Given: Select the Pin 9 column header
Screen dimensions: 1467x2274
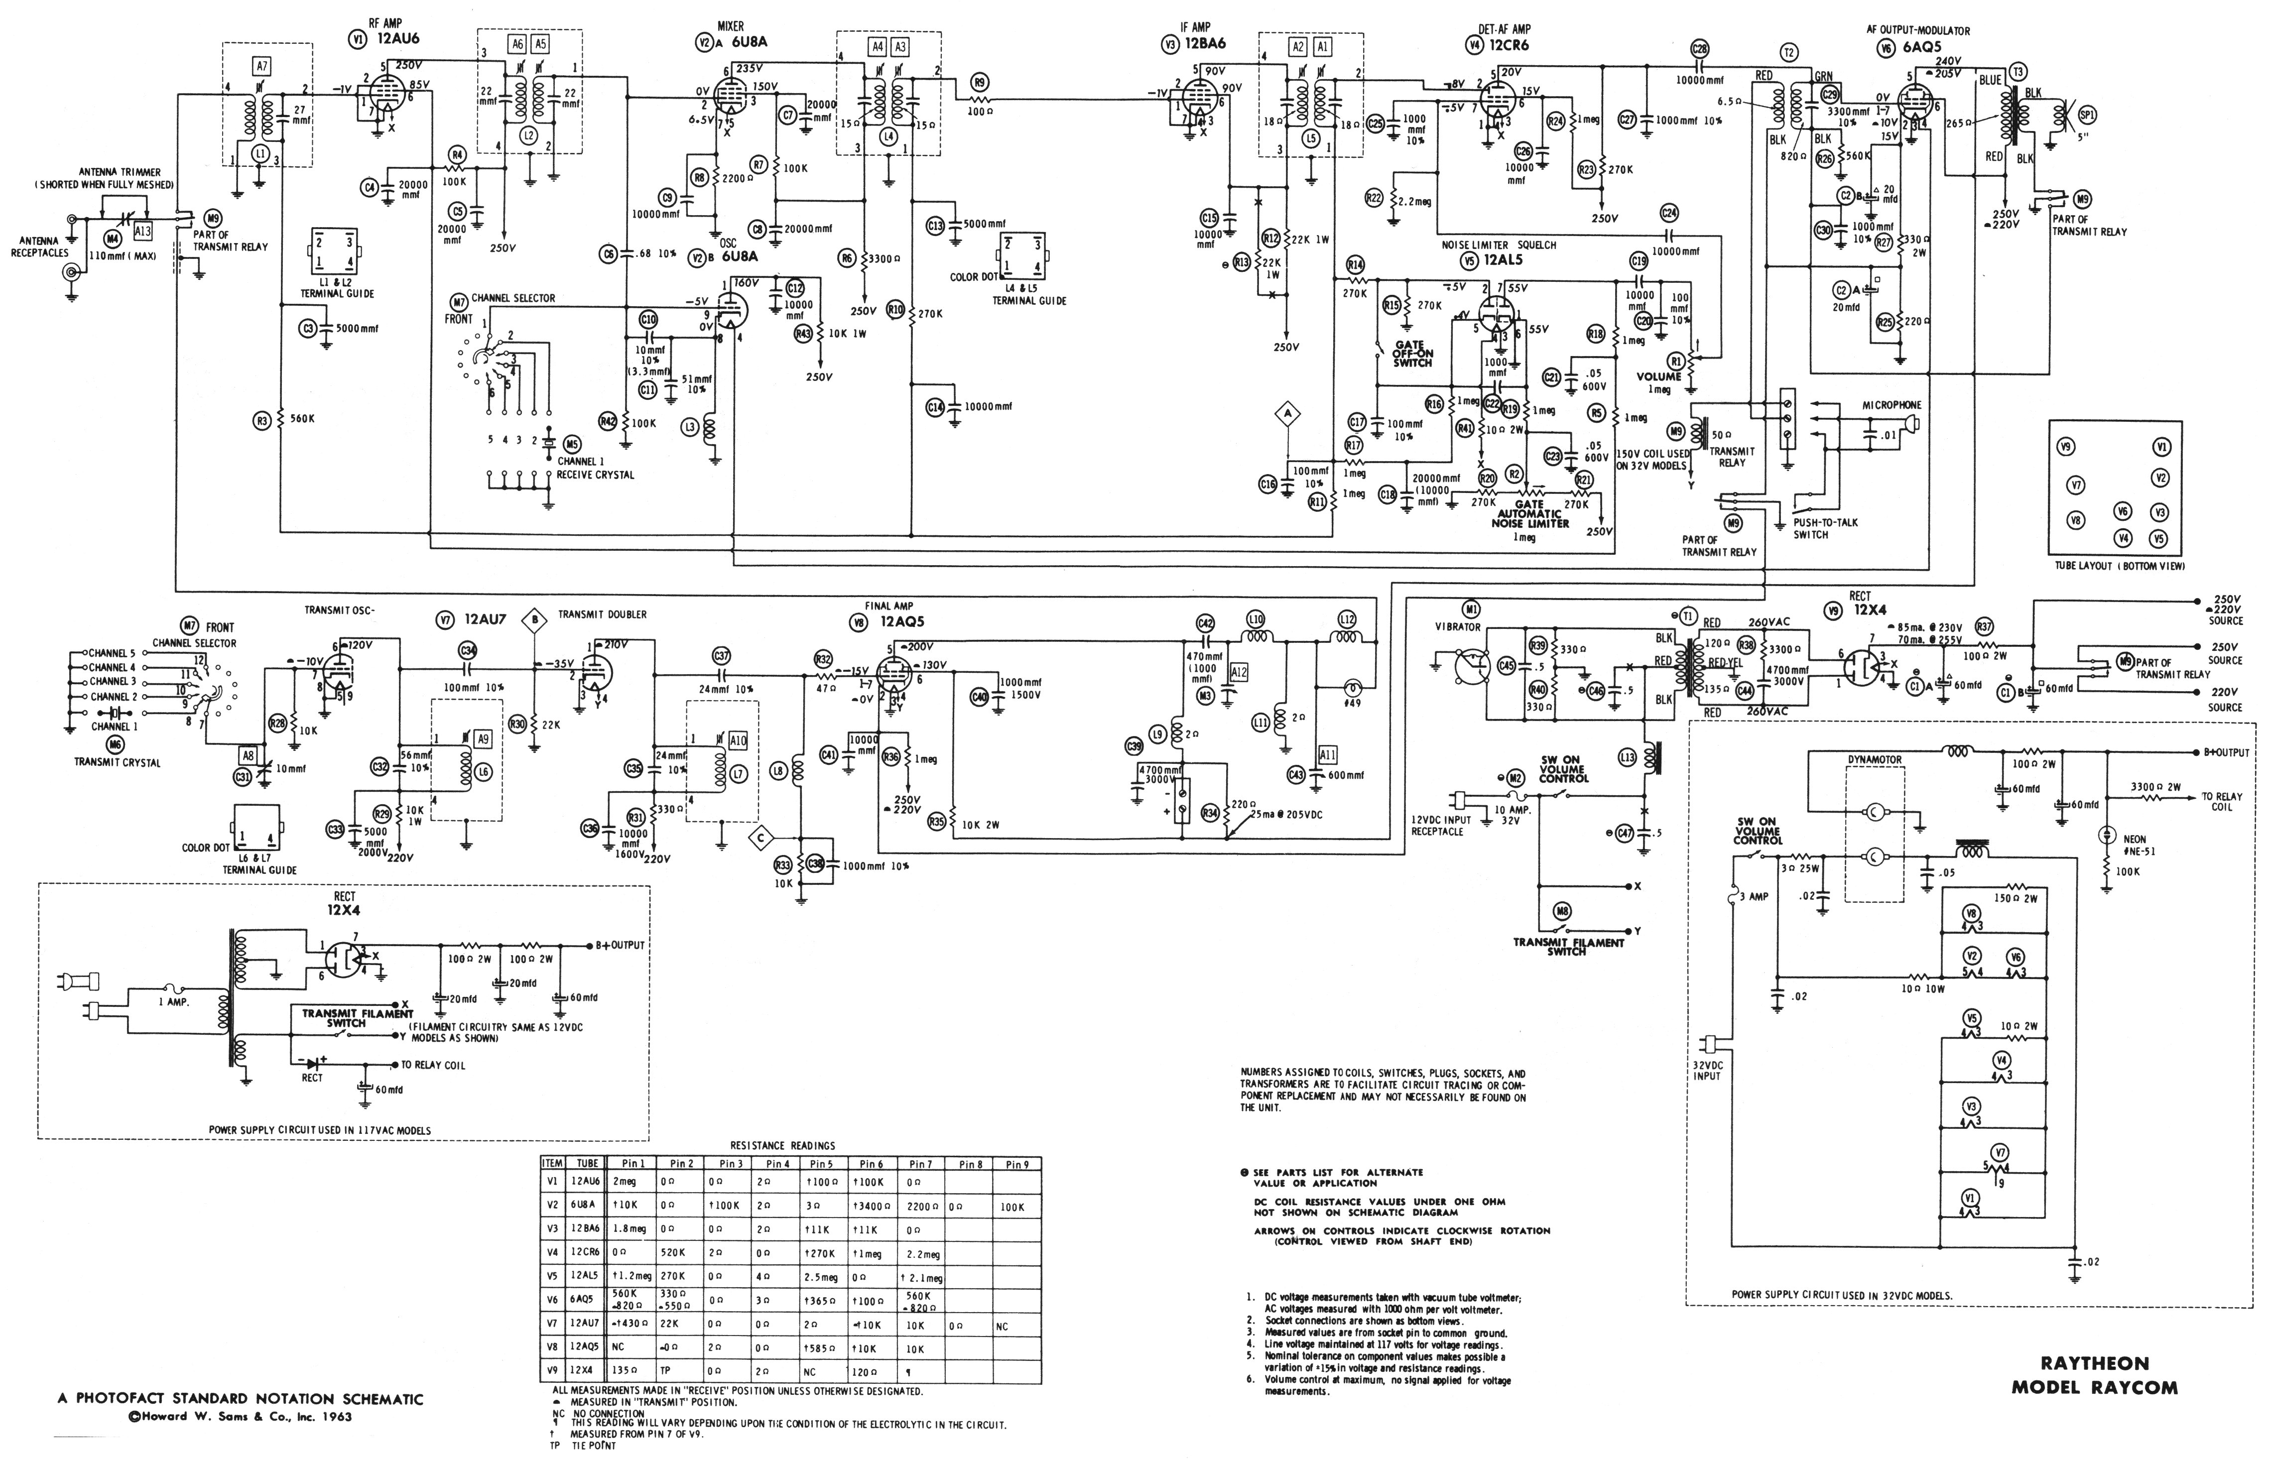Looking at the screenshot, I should pos(1016,1164).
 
